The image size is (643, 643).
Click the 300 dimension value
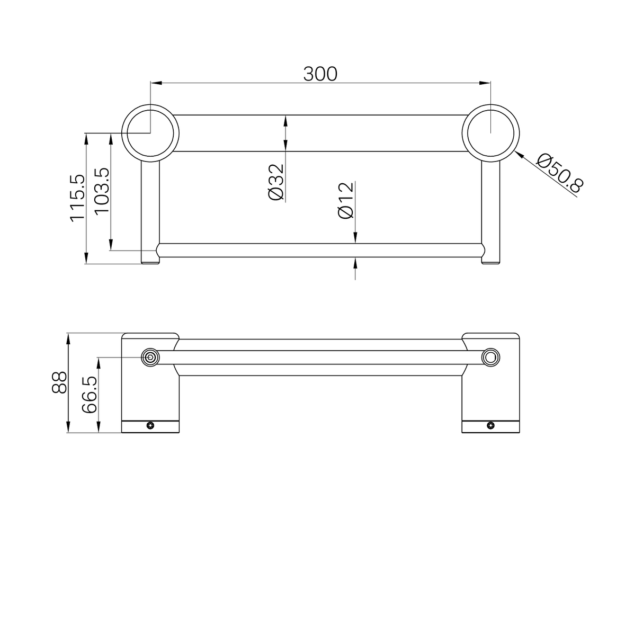(320, 74)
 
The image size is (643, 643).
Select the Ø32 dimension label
(276, 182)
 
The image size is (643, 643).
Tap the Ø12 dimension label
(345, 201)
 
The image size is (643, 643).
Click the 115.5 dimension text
(77, 198)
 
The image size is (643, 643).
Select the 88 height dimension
(59, 382)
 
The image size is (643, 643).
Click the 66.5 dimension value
(89, 395)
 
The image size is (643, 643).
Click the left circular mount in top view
(150, 132)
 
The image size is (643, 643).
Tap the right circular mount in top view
(490, 132)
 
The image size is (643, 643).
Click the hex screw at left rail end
(150, 358)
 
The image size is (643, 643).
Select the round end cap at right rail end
(490, 358)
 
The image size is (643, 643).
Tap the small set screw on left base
(150, 425)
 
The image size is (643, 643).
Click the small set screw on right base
(490, 425)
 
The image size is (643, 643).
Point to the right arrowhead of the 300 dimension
(485, 83)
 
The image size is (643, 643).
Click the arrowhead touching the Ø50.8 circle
(519, 154)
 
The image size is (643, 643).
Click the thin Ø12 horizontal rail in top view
(265, 251)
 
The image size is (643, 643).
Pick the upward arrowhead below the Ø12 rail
(355, 262)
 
